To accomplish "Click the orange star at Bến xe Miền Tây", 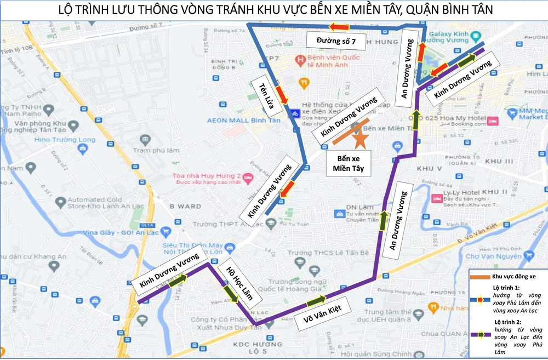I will pyautogui.click(x=360, y=139).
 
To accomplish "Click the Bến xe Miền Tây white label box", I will pyautogui.click(x=349, y=163).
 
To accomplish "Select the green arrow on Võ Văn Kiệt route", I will pyautogui.click(x=316, y=300).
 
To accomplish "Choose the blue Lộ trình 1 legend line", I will pyautogui.click(x=480, y=300).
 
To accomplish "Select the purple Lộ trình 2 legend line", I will pyautogui.click(x=480, y=334).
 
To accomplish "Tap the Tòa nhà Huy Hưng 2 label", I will pyautogui.click(x=203, y=175).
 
